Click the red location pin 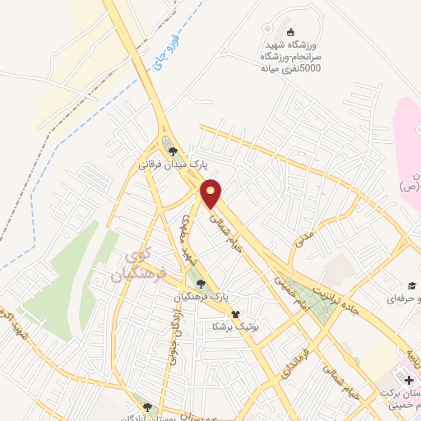[x=212, y=193]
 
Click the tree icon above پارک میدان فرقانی [x=172, y=150]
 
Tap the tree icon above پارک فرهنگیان [x=201, y=284]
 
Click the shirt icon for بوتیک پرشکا [x=236, y=313]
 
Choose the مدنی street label [x=304, y=239]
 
